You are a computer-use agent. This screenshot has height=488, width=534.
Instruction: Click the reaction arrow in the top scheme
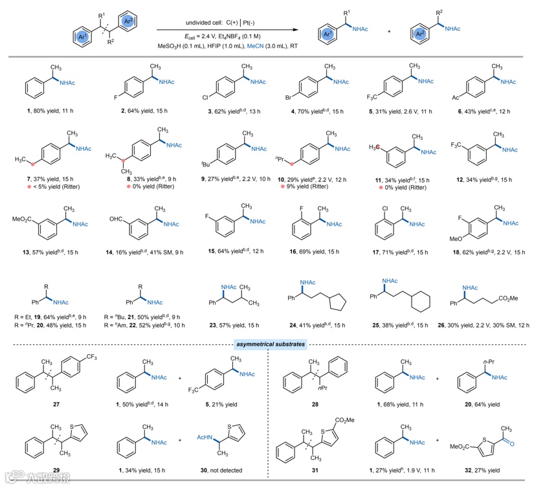(x=230, y=28)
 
